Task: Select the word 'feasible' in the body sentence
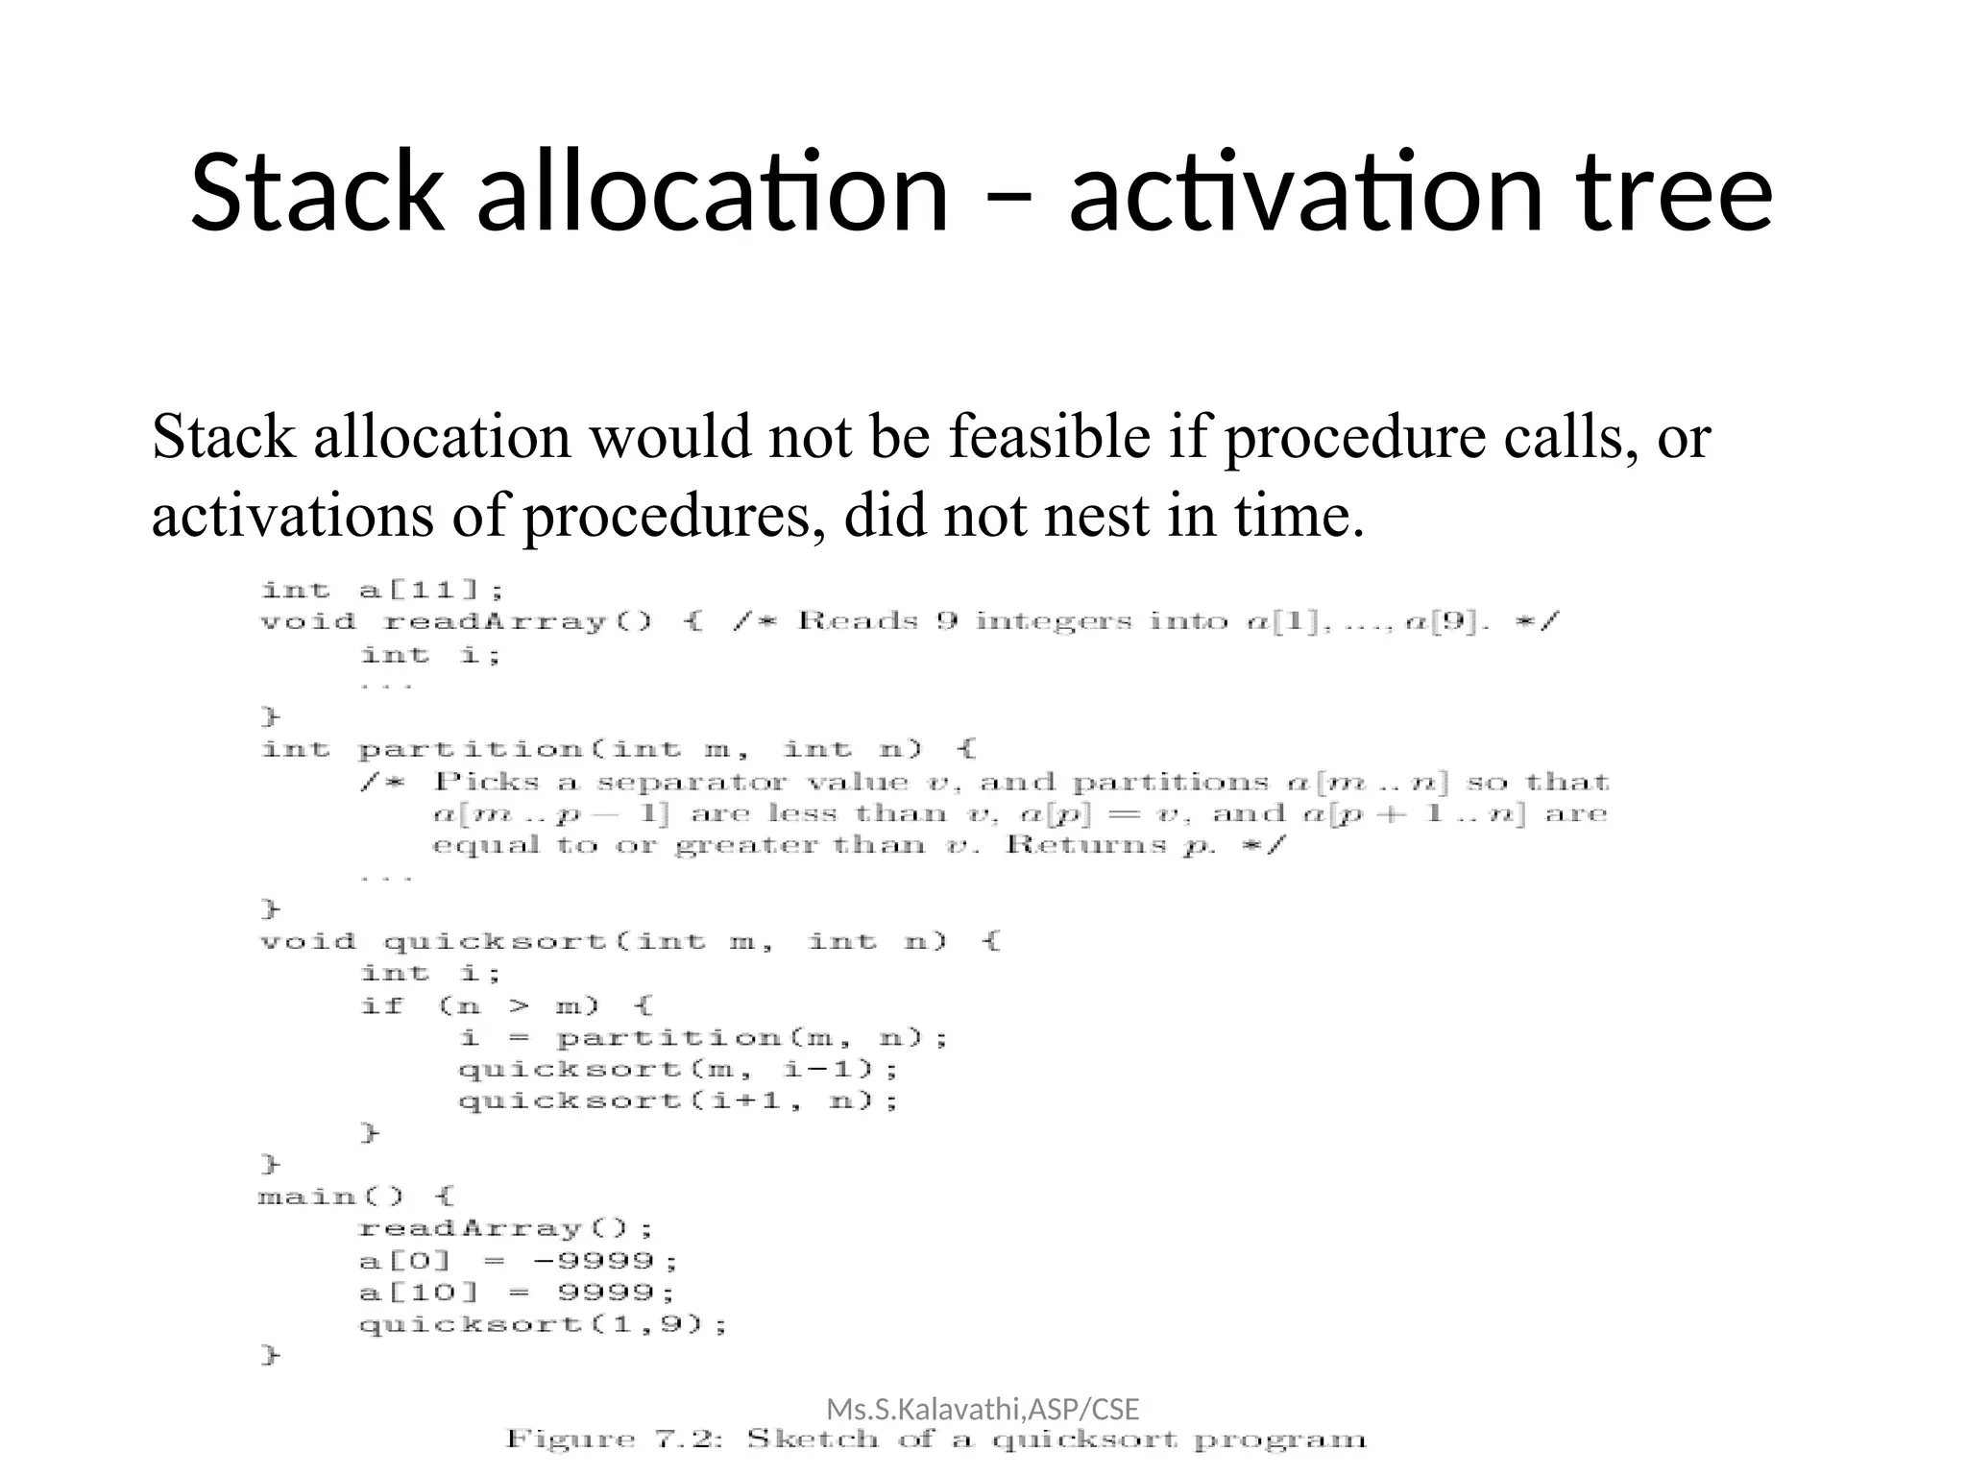(1050, 437)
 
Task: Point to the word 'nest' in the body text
(1095, 516)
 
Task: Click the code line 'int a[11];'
(382, 590)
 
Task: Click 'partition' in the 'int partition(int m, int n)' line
(471, 749)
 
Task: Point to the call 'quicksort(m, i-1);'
(678, 1070)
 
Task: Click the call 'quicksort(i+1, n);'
(678, 1101)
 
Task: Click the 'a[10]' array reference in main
(418, 1293)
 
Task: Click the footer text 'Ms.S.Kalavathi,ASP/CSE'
(983, 1410)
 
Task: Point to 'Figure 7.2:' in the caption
(615, 1439)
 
